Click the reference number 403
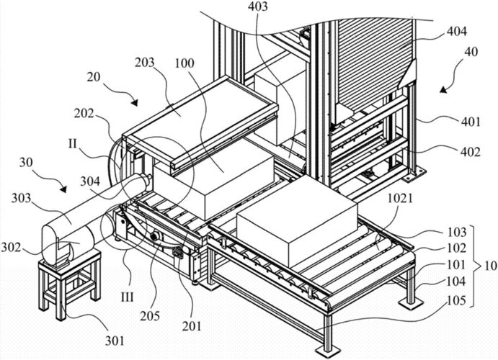click(257, 6)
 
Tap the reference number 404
click(457, 32)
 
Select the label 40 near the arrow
click(471, 51)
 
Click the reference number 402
click(471, 152)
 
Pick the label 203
click(144, 62)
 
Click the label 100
click(184, 63)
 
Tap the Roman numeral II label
click(73, 144)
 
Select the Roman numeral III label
click(127, 297)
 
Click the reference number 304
click(90, 181)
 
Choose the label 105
click(456, 300)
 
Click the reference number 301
click(115, 341)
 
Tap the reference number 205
click(150, 316)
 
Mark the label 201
click(191, 325)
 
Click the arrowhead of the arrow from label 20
click(135, 103)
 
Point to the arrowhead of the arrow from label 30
click(63, 189)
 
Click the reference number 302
click(12, 247)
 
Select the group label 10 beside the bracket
click(490, 266)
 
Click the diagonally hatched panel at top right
click(375, 63)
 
